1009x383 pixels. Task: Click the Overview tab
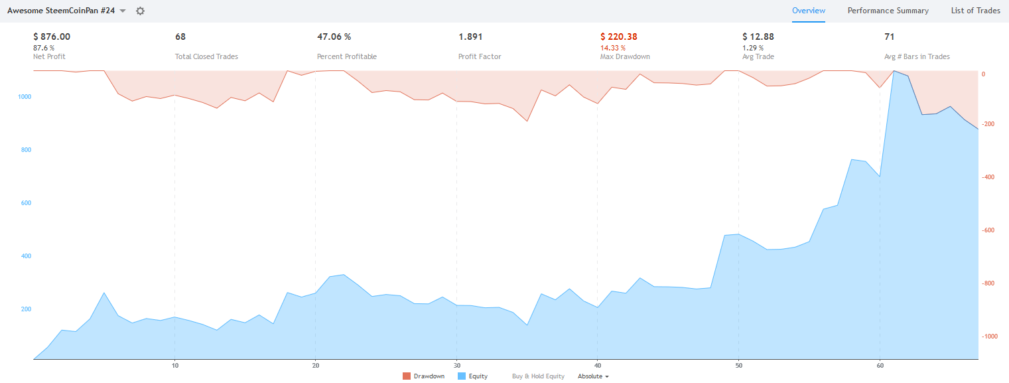809,11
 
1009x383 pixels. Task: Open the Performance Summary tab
888,11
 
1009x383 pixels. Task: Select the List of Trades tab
975,11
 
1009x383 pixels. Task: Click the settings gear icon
140,11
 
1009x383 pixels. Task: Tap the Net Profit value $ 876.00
52,37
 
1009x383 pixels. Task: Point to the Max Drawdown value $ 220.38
623,37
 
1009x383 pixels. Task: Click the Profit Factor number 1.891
470,37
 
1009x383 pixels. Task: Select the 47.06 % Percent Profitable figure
334,37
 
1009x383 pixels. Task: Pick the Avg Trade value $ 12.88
758,37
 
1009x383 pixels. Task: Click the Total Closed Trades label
206,56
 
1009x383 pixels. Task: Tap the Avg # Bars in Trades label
917,56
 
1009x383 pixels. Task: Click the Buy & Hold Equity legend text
538,376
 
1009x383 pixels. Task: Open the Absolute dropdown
593,376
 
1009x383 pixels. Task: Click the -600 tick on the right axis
989,230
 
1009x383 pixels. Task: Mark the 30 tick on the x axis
456,365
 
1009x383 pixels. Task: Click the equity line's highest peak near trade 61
894,70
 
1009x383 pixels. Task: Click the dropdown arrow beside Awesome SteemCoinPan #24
123,11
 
